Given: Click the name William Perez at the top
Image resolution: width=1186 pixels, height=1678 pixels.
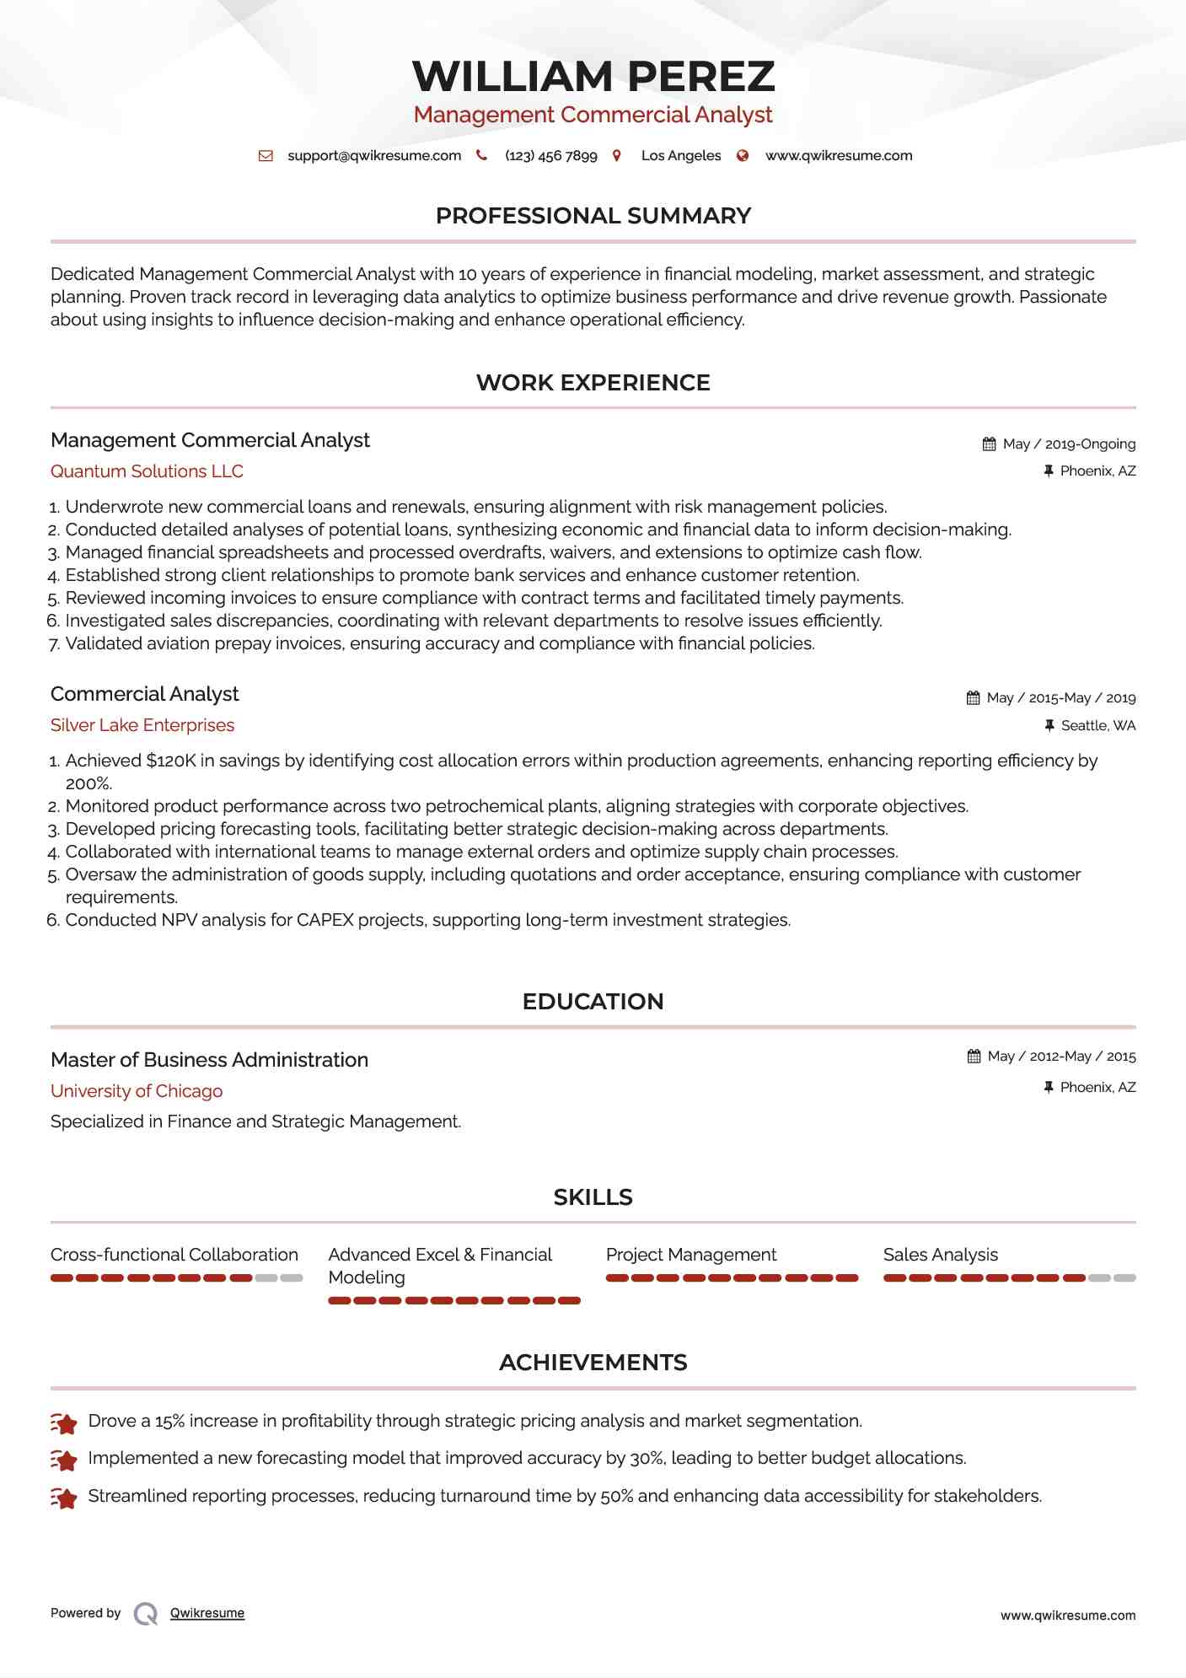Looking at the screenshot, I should [x=593, y=76].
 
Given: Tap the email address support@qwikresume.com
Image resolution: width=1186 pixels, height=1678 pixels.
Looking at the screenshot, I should [x=374, y=156].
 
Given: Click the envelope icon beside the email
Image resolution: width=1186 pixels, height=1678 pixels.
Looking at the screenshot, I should [x=266, y=156].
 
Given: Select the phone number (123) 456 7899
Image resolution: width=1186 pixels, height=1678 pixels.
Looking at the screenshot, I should [x=550, y=156].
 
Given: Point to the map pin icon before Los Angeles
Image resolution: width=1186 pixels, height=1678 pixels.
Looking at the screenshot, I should [x=617, y=156].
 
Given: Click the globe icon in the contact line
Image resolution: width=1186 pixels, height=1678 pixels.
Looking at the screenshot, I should [x=743, y=156].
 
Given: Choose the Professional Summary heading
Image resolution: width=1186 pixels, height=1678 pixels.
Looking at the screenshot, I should [x=593, y=216].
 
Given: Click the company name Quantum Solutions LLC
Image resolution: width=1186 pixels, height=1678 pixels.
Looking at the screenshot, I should [x=147, y=471].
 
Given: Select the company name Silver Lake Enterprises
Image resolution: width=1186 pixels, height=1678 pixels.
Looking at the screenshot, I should [x=142, y=725].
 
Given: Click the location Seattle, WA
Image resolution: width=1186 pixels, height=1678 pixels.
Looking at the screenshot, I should [x=1097, y=726].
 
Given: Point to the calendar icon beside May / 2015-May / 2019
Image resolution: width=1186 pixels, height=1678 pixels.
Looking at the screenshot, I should [x=973, y=698].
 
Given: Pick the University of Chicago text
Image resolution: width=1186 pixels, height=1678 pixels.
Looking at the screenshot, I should [x=137, y=1091].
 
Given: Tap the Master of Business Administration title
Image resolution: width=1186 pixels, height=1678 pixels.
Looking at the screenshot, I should [x=209, y=1060].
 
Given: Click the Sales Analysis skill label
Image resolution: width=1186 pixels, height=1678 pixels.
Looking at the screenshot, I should [x=940, y=1255].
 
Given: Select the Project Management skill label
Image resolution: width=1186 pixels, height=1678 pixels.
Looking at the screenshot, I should [x=691, y=1255].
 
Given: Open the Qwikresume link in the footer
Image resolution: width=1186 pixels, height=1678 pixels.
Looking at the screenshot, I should [x=207, y=1613].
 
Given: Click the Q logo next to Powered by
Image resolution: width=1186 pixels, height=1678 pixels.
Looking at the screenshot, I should [x=146, y=1614].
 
